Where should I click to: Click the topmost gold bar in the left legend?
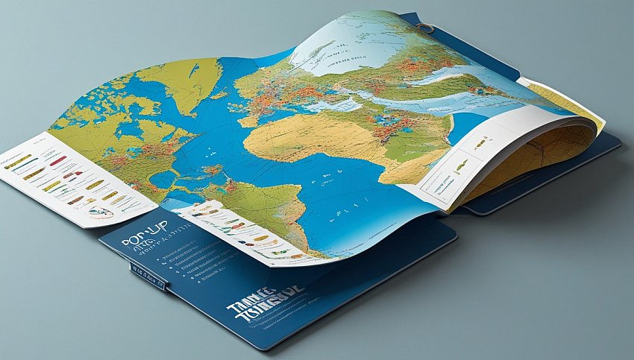tap(18, 160)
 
